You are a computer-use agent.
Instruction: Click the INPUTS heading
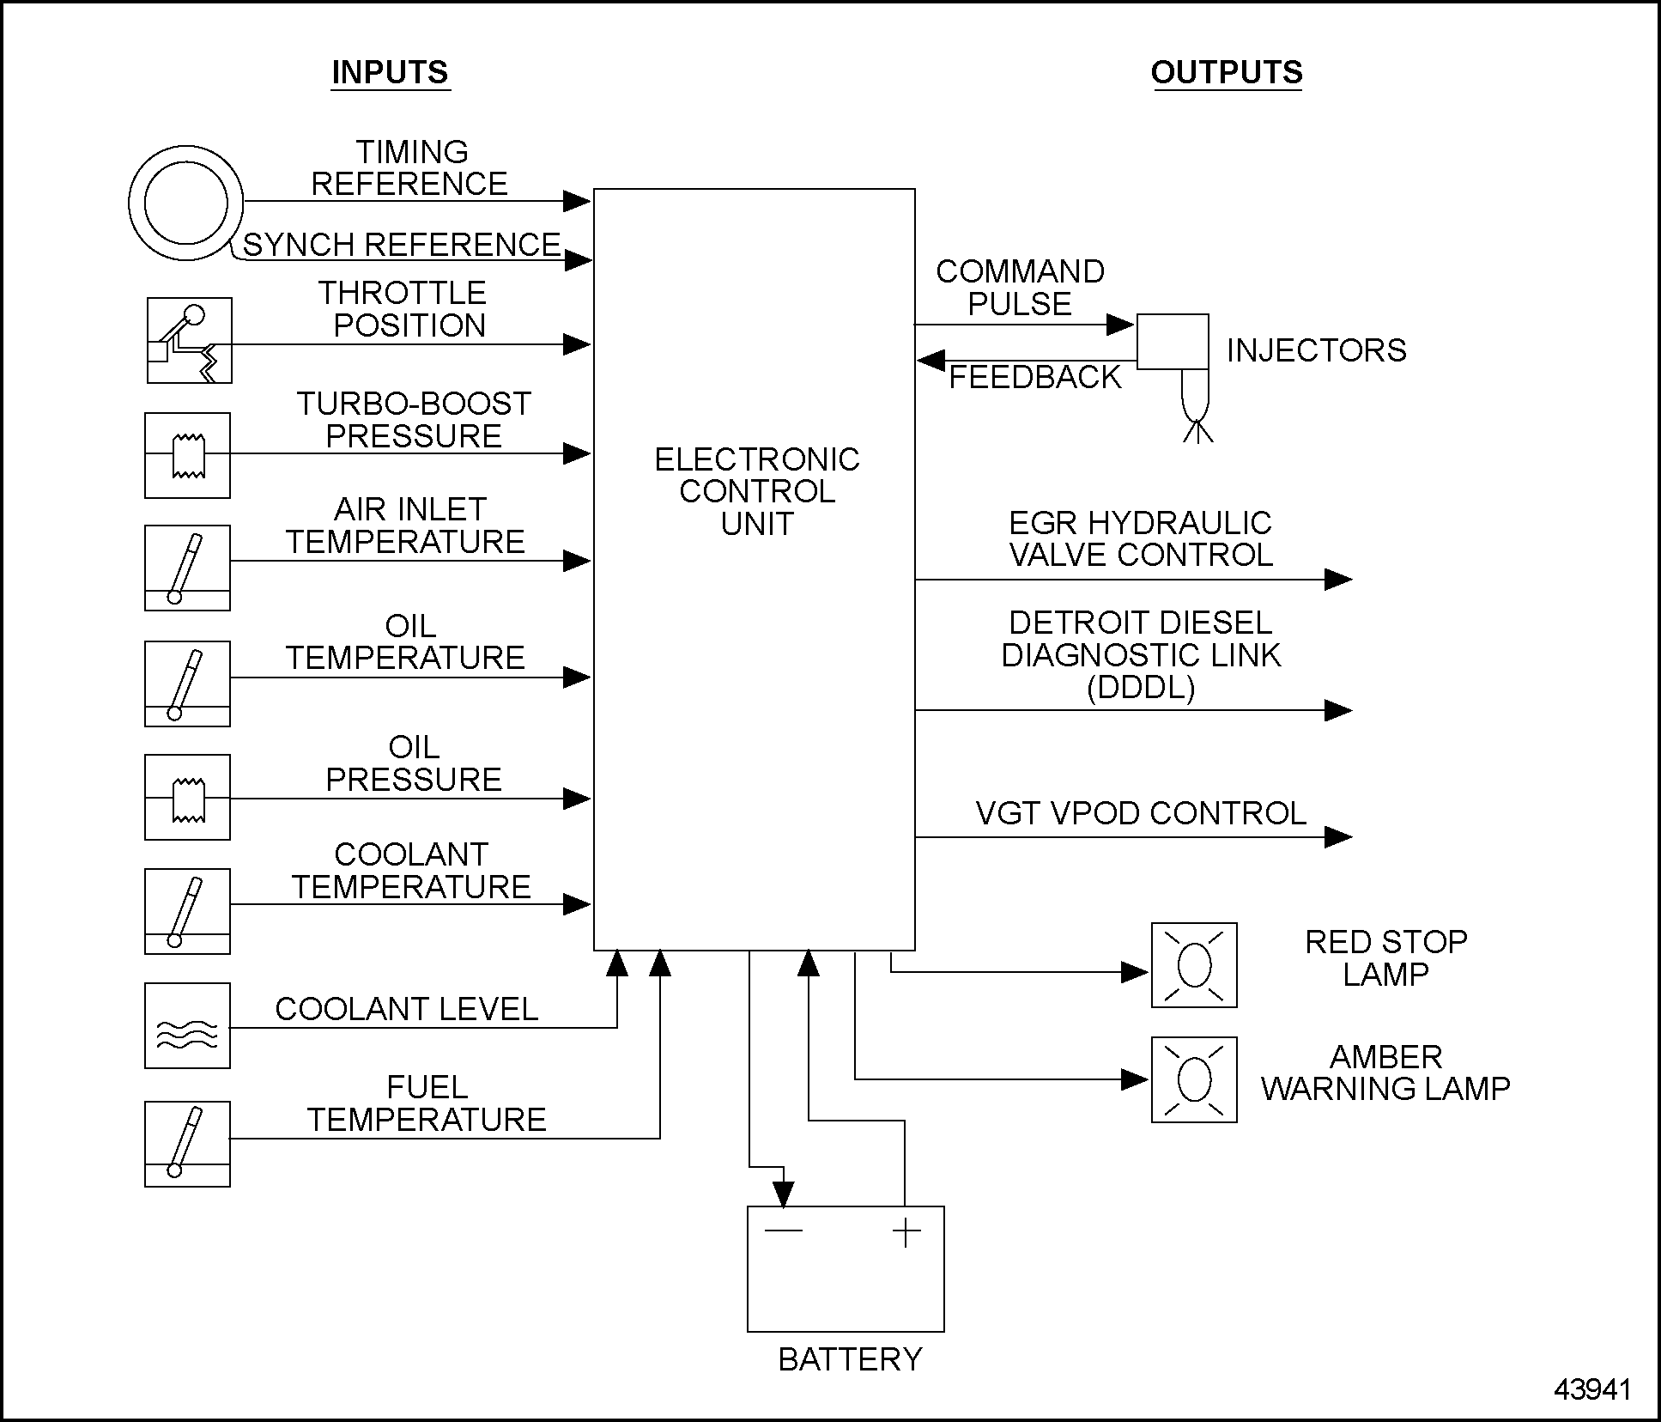coord(390,72)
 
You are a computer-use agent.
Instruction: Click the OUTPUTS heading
coord(1226,72)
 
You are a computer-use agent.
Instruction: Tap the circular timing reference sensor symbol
coord(186,204)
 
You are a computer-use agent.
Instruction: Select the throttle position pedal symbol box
coord(189,341)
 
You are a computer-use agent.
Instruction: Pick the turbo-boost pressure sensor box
coord(187,455)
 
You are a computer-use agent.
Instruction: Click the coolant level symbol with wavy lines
coord(187,1025)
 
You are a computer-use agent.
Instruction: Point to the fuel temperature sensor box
coord(187,1144)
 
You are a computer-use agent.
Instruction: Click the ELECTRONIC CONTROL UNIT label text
coord(756,491)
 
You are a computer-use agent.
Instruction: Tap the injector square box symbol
coord(1173,342)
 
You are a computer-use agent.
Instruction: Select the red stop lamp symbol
coord(1193,965)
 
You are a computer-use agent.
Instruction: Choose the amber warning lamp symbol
coord(1193,1079)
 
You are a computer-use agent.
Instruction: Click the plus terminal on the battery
coord(906,1234)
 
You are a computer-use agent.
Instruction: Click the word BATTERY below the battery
coord(850,1359)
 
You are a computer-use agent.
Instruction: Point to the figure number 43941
coord(1592,1389)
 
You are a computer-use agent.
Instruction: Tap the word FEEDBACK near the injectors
coord(1034,377)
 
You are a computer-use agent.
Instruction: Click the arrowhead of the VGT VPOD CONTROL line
coord(1337,836)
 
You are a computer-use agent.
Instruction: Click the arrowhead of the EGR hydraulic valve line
coord(1337,580)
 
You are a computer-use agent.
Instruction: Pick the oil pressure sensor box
coord(187,798)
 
